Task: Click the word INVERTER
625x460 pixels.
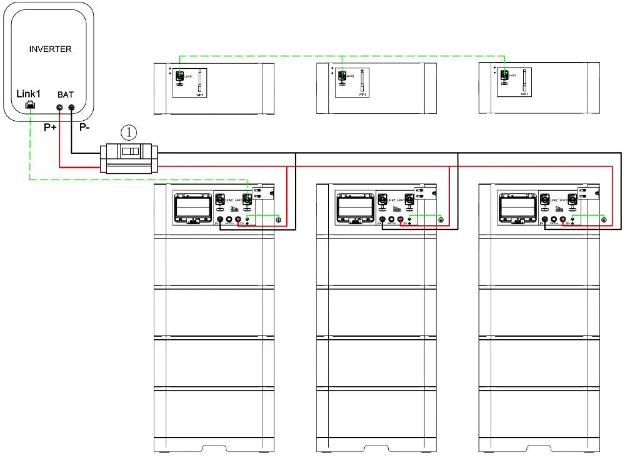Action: tap(51, 49)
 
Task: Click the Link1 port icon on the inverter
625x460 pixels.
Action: tap(29, 106)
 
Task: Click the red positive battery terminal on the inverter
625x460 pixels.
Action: tap(60, 108)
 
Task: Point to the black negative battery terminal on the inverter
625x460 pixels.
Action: tap(71, 108)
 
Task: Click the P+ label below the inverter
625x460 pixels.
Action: tap(51, 127)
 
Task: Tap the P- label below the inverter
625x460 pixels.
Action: tap(84, 127)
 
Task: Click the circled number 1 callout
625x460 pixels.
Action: tap(128, 132)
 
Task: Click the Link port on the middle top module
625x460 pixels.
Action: tap(342, 76)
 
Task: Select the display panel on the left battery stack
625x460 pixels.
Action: tap(192, 206)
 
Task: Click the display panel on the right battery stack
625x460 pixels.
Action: tap(517, 206)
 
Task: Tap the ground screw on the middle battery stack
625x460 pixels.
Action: tap(441, 220)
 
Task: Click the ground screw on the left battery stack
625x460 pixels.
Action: tap(278, 220)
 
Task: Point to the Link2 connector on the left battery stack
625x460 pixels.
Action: tap(220, 201)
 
